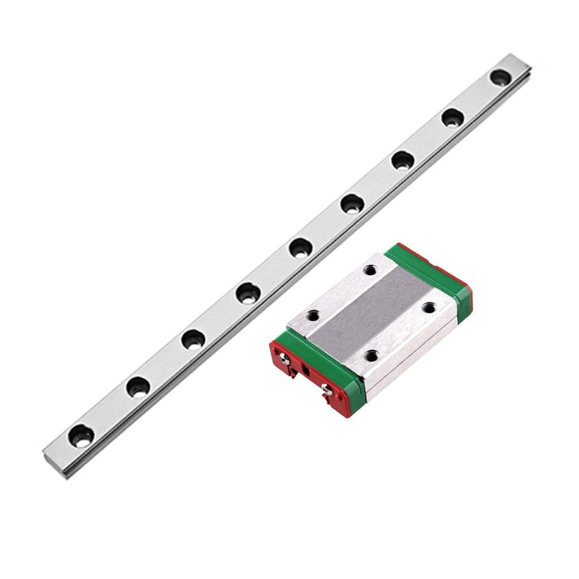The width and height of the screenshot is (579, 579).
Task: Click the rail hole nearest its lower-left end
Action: coord(81,436)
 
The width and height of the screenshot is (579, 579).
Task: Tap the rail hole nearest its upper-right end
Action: coord(500,77)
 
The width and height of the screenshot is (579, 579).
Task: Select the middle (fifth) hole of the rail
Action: coord(300,247)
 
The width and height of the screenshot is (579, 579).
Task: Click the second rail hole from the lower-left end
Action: coord(137,387)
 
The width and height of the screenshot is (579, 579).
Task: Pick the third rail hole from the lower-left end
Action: coord(193,339)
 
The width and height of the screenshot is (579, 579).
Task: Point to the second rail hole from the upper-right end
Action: coord(452,118)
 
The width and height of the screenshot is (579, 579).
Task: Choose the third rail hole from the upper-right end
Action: coord(403,160)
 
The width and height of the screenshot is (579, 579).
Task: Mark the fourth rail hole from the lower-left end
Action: coord(248,292)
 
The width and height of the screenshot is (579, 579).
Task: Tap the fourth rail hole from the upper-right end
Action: coord(352,204)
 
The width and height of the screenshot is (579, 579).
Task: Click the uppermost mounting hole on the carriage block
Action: coord(370,270)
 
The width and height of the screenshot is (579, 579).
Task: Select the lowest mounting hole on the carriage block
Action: coord(371,355)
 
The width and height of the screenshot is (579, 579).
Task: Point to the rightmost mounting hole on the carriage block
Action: coord(429,308)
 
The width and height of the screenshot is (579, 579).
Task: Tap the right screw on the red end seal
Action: coord(326,388)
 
